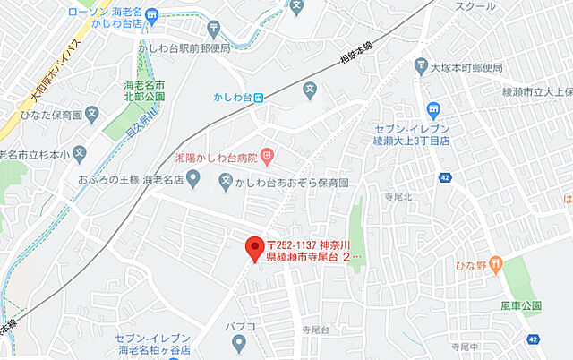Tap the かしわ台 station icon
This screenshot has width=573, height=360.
[258, 99]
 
